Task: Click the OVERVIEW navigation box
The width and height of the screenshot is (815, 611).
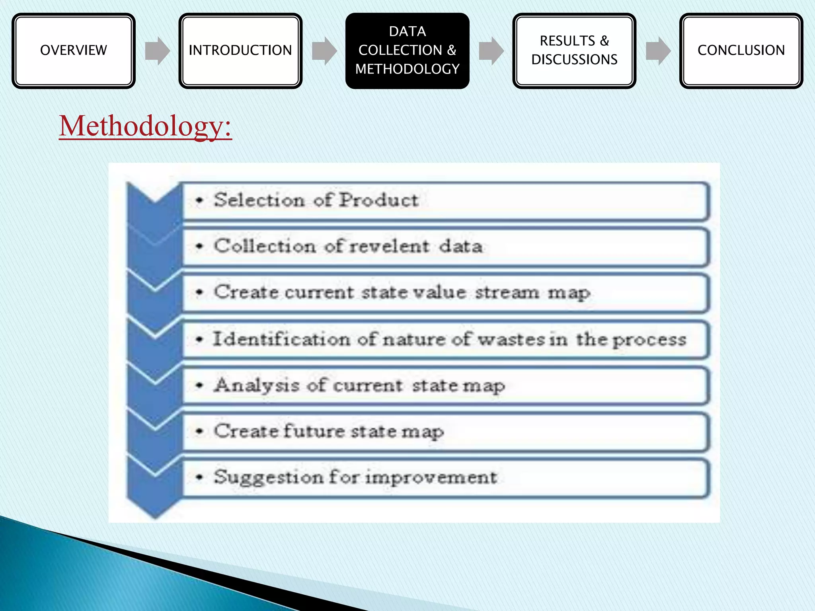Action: coord(74,51)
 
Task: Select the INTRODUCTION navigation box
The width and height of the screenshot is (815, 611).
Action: coord(240,51)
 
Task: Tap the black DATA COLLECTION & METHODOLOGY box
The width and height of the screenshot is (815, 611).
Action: coord(407,51)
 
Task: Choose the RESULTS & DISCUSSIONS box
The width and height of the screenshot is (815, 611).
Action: coord(574,51)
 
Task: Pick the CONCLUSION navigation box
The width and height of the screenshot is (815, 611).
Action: coord(741,51)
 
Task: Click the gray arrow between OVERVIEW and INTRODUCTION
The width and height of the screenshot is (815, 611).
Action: coord(158,51)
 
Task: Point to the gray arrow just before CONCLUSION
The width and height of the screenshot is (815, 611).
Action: coord(658,51)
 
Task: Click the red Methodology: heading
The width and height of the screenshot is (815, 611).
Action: coord(145,126)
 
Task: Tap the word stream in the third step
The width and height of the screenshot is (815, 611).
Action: coord(507,292)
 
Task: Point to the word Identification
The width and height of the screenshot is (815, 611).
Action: coord(282,339)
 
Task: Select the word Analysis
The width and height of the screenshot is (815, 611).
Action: coord(257,385)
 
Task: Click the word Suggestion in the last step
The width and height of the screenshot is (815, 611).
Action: coord(269,477)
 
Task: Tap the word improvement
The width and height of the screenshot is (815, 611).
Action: coord(431,477)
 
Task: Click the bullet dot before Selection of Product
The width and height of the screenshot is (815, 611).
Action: coord(200,200)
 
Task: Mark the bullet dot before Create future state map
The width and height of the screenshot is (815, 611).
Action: coord(200,431)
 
